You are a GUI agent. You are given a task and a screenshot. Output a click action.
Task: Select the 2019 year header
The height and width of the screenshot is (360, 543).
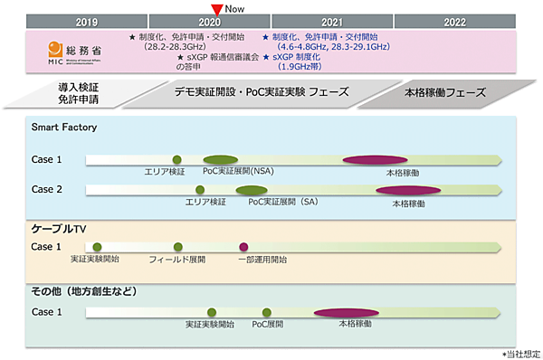click(x=87, y=21)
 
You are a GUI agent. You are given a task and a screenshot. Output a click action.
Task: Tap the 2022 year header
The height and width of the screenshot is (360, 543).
click(x=456, y=21)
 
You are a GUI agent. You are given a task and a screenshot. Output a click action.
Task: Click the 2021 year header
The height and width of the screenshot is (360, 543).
click(x=332, y=21)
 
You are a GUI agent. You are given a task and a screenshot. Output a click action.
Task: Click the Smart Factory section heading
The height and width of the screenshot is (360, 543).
click(x=64, y=128)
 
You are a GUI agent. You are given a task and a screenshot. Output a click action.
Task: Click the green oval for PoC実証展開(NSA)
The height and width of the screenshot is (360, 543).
click(x=220, y=159)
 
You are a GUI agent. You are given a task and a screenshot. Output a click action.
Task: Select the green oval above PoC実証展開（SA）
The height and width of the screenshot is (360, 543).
click(x=252, y=190)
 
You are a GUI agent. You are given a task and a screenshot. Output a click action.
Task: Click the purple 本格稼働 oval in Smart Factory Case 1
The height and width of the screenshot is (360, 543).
click(x=374, y=159)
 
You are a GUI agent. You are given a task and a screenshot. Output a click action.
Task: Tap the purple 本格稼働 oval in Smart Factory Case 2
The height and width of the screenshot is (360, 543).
click(x=402, y=190)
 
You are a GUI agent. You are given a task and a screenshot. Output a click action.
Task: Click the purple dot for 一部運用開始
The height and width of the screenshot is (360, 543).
click(x=243, y=246)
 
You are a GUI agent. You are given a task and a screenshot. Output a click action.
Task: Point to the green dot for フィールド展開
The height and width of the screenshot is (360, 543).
click(x=177, y=246)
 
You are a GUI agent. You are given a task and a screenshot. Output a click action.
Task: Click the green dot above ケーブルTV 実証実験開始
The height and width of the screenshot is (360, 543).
click(x=97, y=246)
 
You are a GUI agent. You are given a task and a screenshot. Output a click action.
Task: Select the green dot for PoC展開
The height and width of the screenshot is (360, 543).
click(x=267, y=312)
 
